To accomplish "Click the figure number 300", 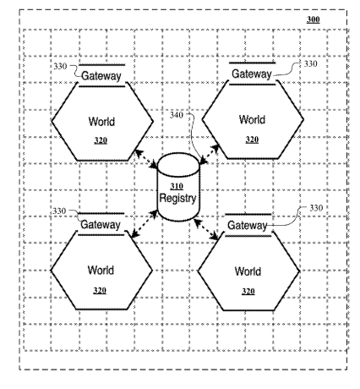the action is coord(313,19).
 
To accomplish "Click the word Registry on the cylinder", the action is coord(177,198).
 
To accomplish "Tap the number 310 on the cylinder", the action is coord(177,186).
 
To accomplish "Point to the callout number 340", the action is coord(177,115).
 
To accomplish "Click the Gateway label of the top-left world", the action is coord(101,76).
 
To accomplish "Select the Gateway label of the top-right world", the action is coord(252,74).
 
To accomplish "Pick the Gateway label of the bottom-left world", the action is coord(101,225).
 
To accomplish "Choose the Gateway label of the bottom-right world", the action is coord(247,225).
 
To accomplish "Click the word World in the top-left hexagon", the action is coord(101,122).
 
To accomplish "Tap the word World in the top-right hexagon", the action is coord(252,119).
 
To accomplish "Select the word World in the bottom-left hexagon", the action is coord(101,270).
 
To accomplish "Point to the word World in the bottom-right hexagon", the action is coord(248,271).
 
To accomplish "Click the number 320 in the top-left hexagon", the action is coord(101,140).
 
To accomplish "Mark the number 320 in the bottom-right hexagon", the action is coord(248,291).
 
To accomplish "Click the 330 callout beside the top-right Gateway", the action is coord(310,64).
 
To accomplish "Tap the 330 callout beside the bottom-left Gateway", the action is coord(59,211).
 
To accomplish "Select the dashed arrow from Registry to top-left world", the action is coord(146,159).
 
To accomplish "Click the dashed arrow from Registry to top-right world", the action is coord(209,154).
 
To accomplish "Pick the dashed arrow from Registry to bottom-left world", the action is coord(145,223).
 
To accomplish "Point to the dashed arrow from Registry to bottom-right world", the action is coord(206,229).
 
